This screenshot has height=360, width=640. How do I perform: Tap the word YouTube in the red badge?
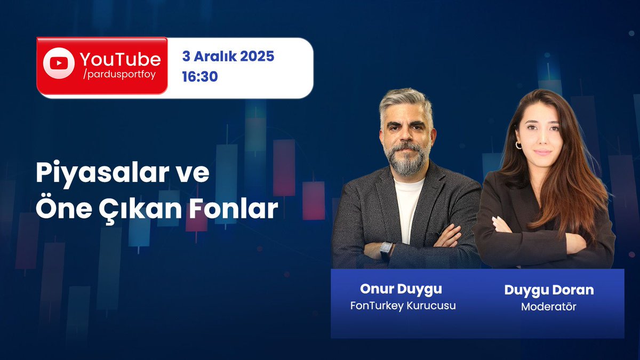pos(120,59)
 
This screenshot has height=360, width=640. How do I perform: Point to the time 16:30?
pos(199,77)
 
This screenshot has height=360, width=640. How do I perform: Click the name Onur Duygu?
pos(401,289)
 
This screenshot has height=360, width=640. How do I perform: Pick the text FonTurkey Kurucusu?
pos(403,306)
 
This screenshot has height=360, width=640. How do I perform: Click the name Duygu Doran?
pos(549,290)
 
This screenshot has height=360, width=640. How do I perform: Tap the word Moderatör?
pos(548,307)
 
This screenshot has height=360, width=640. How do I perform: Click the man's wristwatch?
pos(386,250)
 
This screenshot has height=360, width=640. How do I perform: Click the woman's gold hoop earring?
pos(517,145)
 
